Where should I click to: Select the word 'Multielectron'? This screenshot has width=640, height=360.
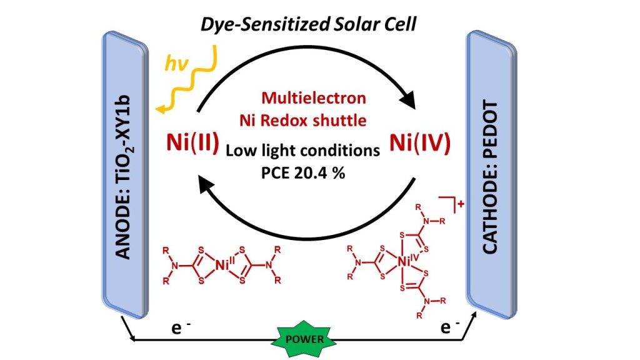314,98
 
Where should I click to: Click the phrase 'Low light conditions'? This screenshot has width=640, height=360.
302,151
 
